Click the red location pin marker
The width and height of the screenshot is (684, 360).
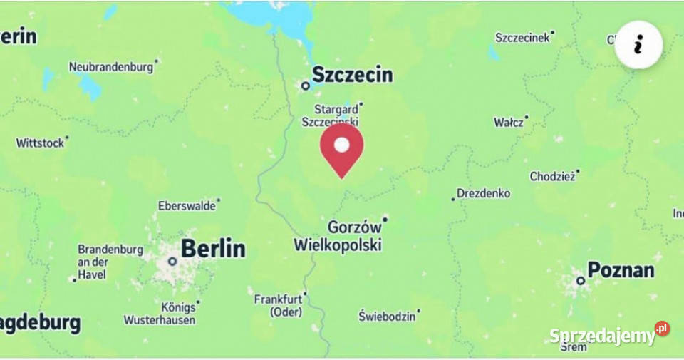342,148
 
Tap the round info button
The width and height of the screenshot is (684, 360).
638,44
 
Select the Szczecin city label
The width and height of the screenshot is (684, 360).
352,74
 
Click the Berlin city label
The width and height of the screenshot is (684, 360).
212,249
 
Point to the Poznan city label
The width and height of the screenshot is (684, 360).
620,270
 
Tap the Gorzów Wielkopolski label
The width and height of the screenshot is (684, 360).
338,236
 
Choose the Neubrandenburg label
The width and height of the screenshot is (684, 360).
110,67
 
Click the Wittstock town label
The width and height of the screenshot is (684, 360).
40,143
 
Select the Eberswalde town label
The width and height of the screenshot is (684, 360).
187,206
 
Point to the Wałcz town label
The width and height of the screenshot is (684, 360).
509,123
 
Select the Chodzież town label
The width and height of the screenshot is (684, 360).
552,176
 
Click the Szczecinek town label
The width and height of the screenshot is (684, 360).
523,38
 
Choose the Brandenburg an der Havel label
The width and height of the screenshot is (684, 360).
110,262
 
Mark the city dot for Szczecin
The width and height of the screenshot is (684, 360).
305,86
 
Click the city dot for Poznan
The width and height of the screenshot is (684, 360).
581,281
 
